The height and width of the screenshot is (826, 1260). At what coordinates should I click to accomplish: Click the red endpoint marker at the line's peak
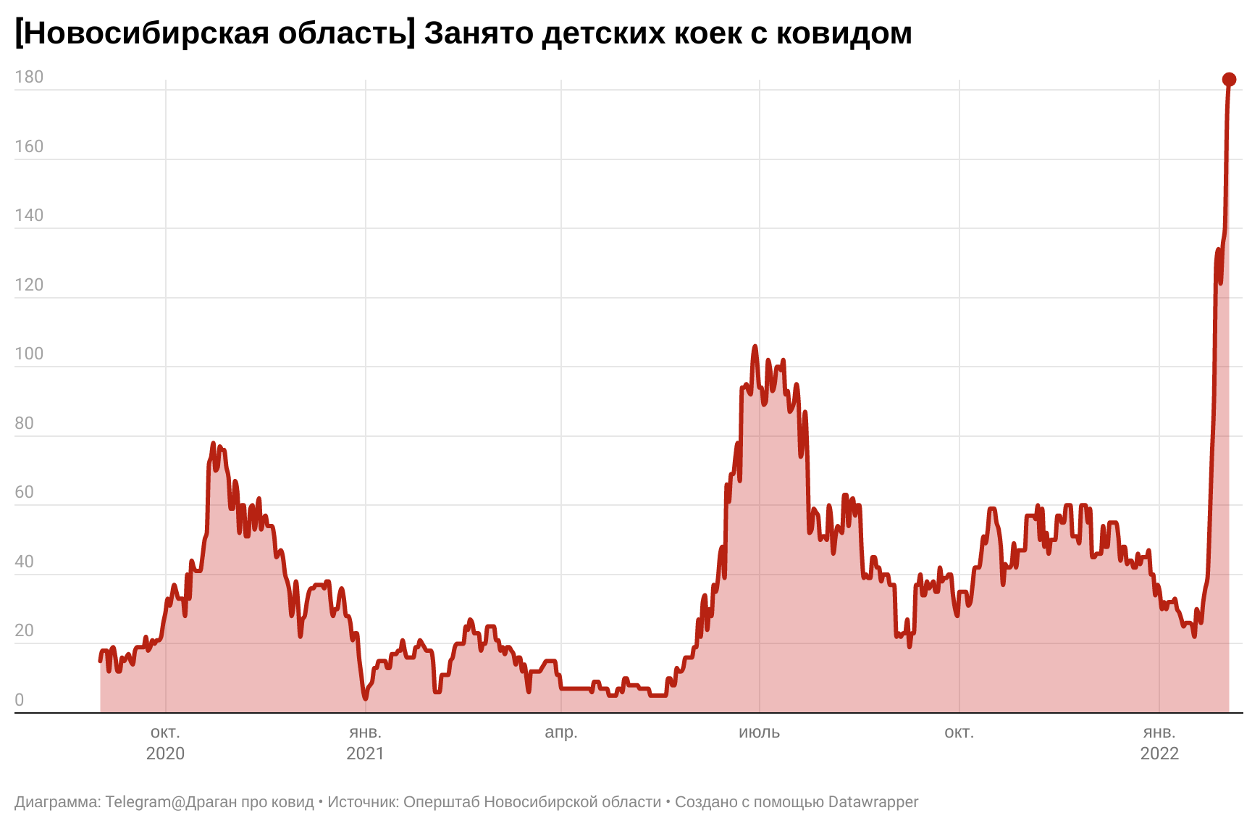(x=1229, y=79)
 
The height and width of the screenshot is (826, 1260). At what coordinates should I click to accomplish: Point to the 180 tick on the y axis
(x=29, y=77)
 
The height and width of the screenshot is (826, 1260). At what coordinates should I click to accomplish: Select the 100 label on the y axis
(x=29, y=354)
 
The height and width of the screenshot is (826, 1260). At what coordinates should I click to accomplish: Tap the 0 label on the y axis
(x=20, y=700)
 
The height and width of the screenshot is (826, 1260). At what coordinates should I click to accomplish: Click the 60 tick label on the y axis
(x=25, y=492)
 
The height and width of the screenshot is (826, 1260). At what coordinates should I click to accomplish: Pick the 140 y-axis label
(x=29, y=215)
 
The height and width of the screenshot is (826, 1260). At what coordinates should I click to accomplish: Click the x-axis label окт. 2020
(x=165, y=742)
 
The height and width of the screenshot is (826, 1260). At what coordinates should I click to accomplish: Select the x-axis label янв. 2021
(x=365, y=742)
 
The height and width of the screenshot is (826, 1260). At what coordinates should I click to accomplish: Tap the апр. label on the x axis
(x=561, y=732)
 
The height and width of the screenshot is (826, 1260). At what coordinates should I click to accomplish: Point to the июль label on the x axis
(x=759, y=732)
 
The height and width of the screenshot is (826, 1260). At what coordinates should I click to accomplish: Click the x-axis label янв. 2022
(x=1159, y=742)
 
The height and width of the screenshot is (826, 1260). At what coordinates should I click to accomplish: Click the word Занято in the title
(x=478, y=33)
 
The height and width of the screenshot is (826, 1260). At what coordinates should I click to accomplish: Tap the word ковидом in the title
(x=844, y=33)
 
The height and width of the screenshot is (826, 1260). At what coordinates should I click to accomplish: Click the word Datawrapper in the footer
(x=873, y=802)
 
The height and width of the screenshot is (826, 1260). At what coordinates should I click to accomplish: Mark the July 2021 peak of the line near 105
(x=755, y=346)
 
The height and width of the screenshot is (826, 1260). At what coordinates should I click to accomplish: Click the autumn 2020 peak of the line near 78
(x=213, y=443)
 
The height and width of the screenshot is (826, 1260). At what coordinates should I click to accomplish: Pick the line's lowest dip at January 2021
(x=366, y=698)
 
